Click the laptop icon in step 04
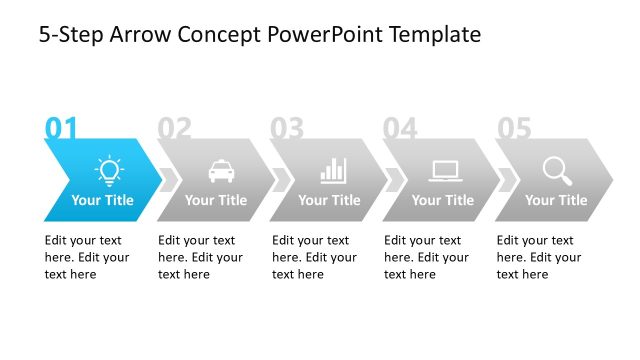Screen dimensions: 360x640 pyautogui.click(x=445, y=170)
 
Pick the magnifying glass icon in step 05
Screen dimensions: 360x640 pyautogui.click(x=557, y=170)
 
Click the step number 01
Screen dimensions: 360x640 pyautogui.click(x=61, y=128)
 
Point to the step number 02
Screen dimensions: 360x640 pyautogui.click(x=174, y=128)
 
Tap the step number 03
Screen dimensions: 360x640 pyautogui.click(x=287, y=128)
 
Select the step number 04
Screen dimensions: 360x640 pyautogui.click(x=400, y=128)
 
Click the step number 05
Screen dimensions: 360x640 pyautogui.click(x=514, y=128)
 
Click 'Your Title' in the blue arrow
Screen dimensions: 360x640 pyautogui.click(x=102, y=200)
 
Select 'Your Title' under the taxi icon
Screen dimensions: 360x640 pyautogui.click(x=216, y=200)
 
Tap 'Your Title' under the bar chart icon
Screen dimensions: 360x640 pyautogui.click(x=329, y=200)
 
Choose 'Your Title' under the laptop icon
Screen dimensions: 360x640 pyautogui.click(x=443, y=200)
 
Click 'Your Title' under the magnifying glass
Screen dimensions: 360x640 pyautogui.click(x=556, y=200)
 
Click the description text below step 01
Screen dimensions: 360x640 pyautogui.click(x=87, y=257)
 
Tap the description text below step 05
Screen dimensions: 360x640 pyautogui.click(x=539, y=257)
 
